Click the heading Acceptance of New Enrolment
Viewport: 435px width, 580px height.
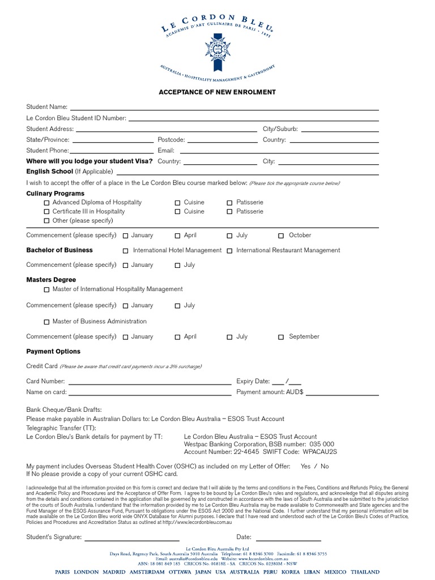click(x=217, y=92)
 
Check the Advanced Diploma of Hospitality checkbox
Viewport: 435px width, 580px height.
click(x=46, y=203)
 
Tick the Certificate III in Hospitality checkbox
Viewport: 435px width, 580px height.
click(x=46, y=212)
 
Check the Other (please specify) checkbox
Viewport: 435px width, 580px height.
click(x=46, y=221)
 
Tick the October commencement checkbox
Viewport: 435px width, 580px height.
click(x=281, y=236)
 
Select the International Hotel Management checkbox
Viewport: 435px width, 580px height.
click(x=126, y=250)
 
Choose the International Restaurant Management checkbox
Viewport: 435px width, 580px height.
click(x=229, y=250)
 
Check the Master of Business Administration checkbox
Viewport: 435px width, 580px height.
click(x=46, y=322)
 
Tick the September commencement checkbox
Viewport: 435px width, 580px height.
click(x=281, y=337)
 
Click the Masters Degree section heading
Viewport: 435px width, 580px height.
click(x=51, y=280)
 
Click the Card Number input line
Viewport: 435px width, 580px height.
click(x=150, y=383)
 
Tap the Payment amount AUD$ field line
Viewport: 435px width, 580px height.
click(x=342, y=394)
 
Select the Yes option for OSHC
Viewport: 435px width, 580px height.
click(x=305, y=466)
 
